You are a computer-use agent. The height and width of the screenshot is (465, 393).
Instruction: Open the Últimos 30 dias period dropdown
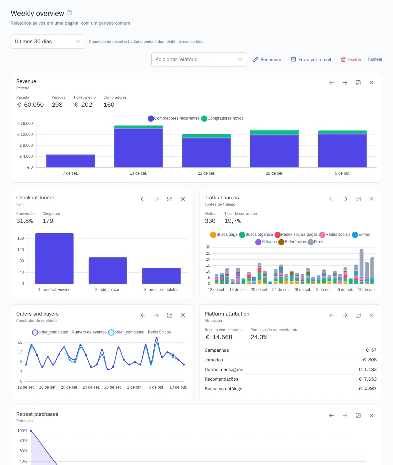point(48,42)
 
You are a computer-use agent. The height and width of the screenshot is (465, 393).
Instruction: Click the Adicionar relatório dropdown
point(199,59)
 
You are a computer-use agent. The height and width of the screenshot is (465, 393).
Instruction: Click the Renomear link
point(267,59)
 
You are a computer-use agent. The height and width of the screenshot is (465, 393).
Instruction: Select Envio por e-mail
point(311,59)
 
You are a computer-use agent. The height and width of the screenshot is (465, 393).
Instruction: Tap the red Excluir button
point(351,59)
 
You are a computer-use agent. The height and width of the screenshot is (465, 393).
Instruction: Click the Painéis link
point(375,59)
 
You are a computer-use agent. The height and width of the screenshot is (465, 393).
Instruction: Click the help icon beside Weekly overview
point(69,13)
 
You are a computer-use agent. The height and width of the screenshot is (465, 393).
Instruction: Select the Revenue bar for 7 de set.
point(70,161)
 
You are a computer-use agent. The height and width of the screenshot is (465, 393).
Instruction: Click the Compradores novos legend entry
point(222,118)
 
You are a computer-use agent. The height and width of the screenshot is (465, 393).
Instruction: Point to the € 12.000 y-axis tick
point(25,135)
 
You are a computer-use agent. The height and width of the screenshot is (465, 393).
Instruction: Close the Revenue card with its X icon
point(371,83)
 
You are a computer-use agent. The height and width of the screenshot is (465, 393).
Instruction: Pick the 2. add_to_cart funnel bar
point(108,270)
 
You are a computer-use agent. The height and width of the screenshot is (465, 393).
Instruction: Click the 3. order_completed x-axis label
point(161,290)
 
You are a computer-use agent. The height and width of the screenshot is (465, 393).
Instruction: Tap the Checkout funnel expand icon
point(170,199)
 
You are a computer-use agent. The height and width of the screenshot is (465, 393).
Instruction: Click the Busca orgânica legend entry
point(256,234)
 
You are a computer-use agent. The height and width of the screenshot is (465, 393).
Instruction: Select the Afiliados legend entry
point(266,242)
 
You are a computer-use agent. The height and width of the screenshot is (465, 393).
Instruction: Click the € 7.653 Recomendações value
point(367,379)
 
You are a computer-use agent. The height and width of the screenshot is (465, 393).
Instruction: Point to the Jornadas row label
point(214,360)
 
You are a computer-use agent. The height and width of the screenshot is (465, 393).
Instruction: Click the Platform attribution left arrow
point(331,315)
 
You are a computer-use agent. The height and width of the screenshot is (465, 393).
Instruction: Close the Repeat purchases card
point(371,416)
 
